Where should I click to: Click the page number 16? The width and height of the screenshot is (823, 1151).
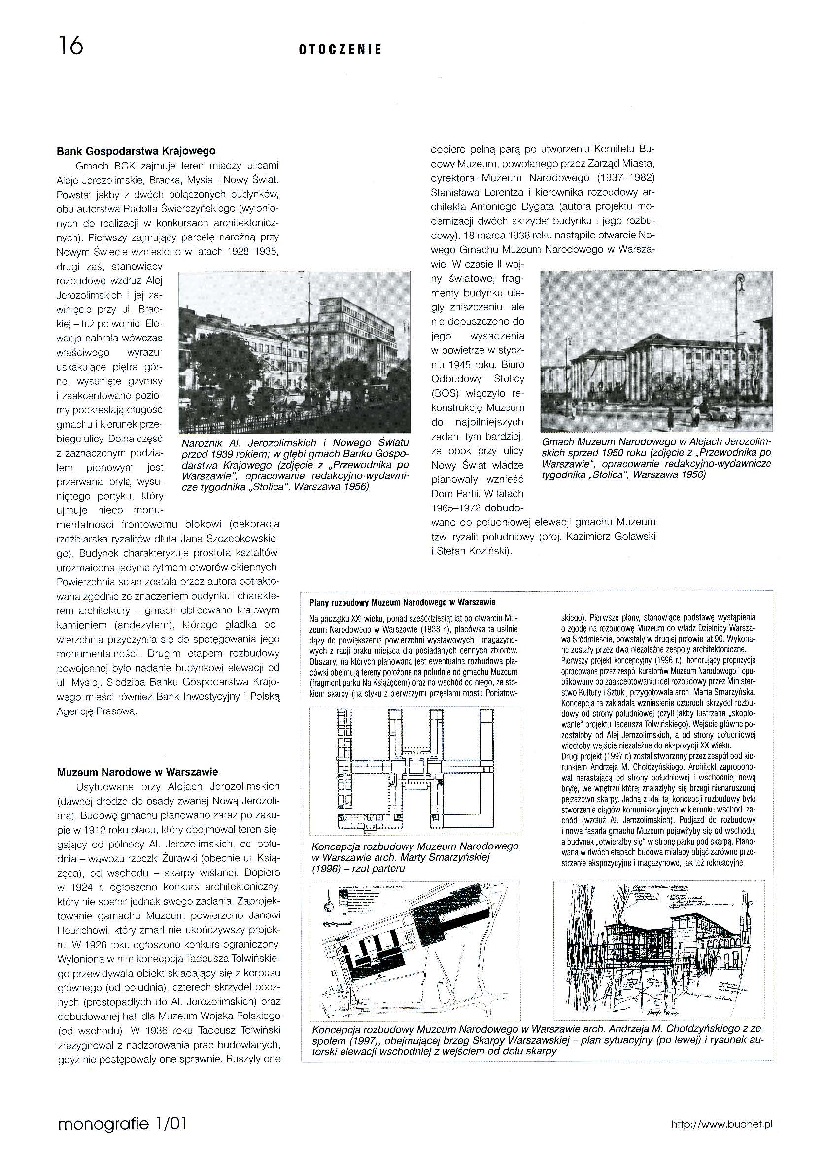[71, 46]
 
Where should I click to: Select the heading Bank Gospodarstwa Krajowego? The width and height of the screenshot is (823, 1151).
[136, 151]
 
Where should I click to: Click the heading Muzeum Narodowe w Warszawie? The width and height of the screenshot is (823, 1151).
[137, 772]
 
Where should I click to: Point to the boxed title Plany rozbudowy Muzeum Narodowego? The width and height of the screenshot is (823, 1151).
[402, 602]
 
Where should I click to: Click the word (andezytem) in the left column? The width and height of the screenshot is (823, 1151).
[146, 625]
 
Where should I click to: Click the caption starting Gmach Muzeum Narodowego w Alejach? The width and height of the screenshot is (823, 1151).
[656, 458]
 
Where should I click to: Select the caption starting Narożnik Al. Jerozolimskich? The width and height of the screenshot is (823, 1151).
[295, 465]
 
